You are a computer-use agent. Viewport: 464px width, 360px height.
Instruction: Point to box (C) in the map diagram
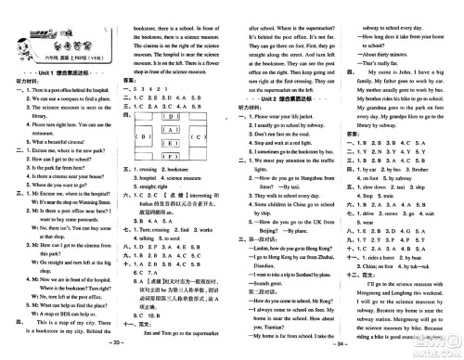[x=196, y=135]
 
